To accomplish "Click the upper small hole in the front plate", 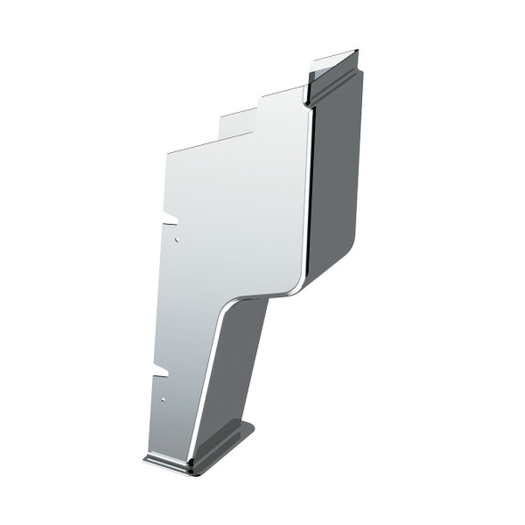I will pyautogui.click(x=178, y=239).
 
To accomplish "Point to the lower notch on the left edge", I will pyautogui.click(x=162, y=367).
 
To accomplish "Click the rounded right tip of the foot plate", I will pyautogui.click(x=252, y=430).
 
